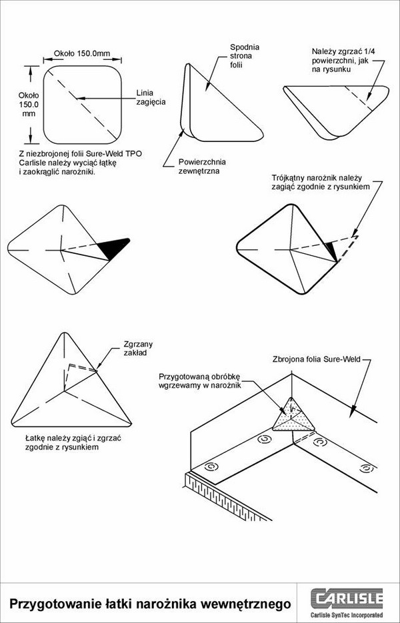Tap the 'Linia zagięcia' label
click(x=151, y=97)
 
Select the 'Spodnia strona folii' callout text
click(x=245, y=57)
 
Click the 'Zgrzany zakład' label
click(x=138, y=348)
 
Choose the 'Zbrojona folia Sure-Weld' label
click(x=316, y=360)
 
